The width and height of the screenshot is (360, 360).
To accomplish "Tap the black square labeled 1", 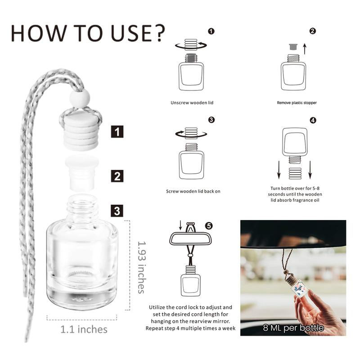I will [117, 132].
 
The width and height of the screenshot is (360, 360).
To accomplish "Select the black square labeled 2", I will [117, 175].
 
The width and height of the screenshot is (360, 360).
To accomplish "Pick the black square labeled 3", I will [117, 210].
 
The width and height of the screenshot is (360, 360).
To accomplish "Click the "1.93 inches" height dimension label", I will [141, 267].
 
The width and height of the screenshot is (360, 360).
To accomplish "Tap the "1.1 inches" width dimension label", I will [84, 329].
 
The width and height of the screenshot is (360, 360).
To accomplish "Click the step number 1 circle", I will [211, 31].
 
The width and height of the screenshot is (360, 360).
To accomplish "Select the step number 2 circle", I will [313, 31].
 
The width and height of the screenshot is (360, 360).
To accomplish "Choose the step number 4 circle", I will [313, 120].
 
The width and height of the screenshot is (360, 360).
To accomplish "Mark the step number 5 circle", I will [208, 225].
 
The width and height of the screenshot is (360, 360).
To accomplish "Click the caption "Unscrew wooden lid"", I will [192, 103].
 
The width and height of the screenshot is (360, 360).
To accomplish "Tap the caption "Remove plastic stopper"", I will [297, 103].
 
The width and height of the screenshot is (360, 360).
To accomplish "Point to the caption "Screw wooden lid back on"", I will [193, 191].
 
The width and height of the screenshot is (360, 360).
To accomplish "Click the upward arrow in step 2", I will [304, 49].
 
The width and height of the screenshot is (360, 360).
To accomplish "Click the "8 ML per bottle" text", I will [293, 328].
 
